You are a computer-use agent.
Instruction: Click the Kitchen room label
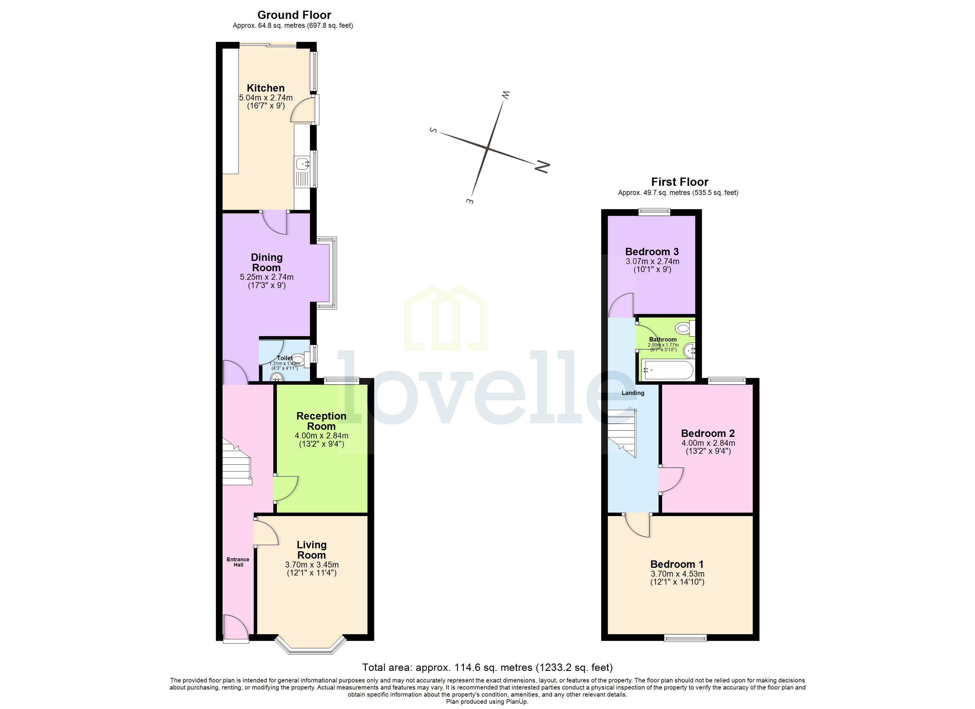[x=265, y=88]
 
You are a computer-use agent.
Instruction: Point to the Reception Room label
[x=321, y=421]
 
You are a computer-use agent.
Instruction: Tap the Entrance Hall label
[x=238, y=562]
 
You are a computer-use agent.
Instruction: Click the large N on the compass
[x=542, y=166]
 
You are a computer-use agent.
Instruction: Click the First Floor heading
[x=679, y=182]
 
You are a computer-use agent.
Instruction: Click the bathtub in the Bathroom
[x=667, y=370]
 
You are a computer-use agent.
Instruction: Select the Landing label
[x=633, y=393]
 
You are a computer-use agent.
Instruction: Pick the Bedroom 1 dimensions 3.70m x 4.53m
[x=677, y=574]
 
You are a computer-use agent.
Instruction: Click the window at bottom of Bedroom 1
[x=685, y=638]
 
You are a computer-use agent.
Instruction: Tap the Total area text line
[x=487, y=667]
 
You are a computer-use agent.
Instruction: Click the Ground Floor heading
[x=294, y=15]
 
